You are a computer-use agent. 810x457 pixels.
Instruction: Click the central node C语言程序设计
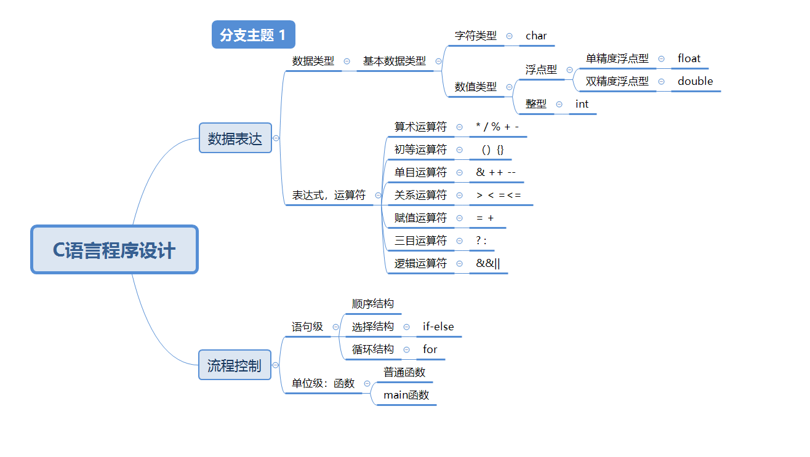(x=114, y=250)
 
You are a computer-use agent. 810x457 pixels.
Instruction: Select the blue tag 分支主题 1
(x=253, y=35)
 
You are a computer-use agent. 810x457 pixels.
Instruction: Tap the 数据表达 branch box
(x=235, y=138)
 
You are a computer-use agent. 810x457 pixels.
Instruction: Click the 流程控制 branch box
(x=235, y=366)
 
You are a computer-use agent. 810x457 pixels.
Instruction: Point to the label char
(x=535, y=36)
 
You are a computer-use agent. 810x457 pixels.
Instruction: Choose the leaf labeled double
(x=695, y=81)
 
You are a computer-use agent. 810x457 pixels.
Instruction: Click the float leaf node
(x=689, y=58)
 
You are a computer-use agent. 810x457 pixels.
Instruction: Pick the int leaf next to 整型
(x=582, y=104)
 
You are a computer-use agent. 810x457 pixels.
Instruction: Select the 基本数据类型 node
(x=394, y=61)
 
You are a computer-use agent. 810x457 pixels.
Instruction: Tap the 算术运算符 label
(x=420, y=127)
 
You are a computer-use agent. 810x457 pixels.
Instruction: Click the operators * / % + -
(x=497, y=127)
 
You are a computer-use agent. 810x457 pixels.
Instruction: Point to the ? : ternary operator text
(x=481, y=240)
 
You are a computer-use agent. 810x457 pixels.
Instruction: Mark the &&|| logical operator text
(x=488, y=263)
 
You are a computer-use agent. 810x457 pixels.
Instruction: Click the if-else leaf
(x=438, y=327)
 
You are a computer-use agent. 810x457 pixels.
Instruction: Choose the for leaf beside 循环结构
(x=430, y=349)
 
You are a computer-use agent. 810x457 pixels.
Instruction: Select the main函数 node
(x=406, y=395)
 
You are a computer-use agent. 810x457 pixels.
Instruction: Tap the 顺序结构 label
(x=372, y=304)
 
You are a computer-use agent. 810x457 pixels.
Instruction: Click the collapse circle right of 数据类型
(x=347, y=61)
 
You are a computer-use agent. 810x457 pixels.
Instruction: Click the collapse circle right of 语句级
(x=335, y=327)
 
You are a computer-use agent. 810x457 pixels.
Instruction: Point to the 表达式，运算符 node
(x=328, y=195)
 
